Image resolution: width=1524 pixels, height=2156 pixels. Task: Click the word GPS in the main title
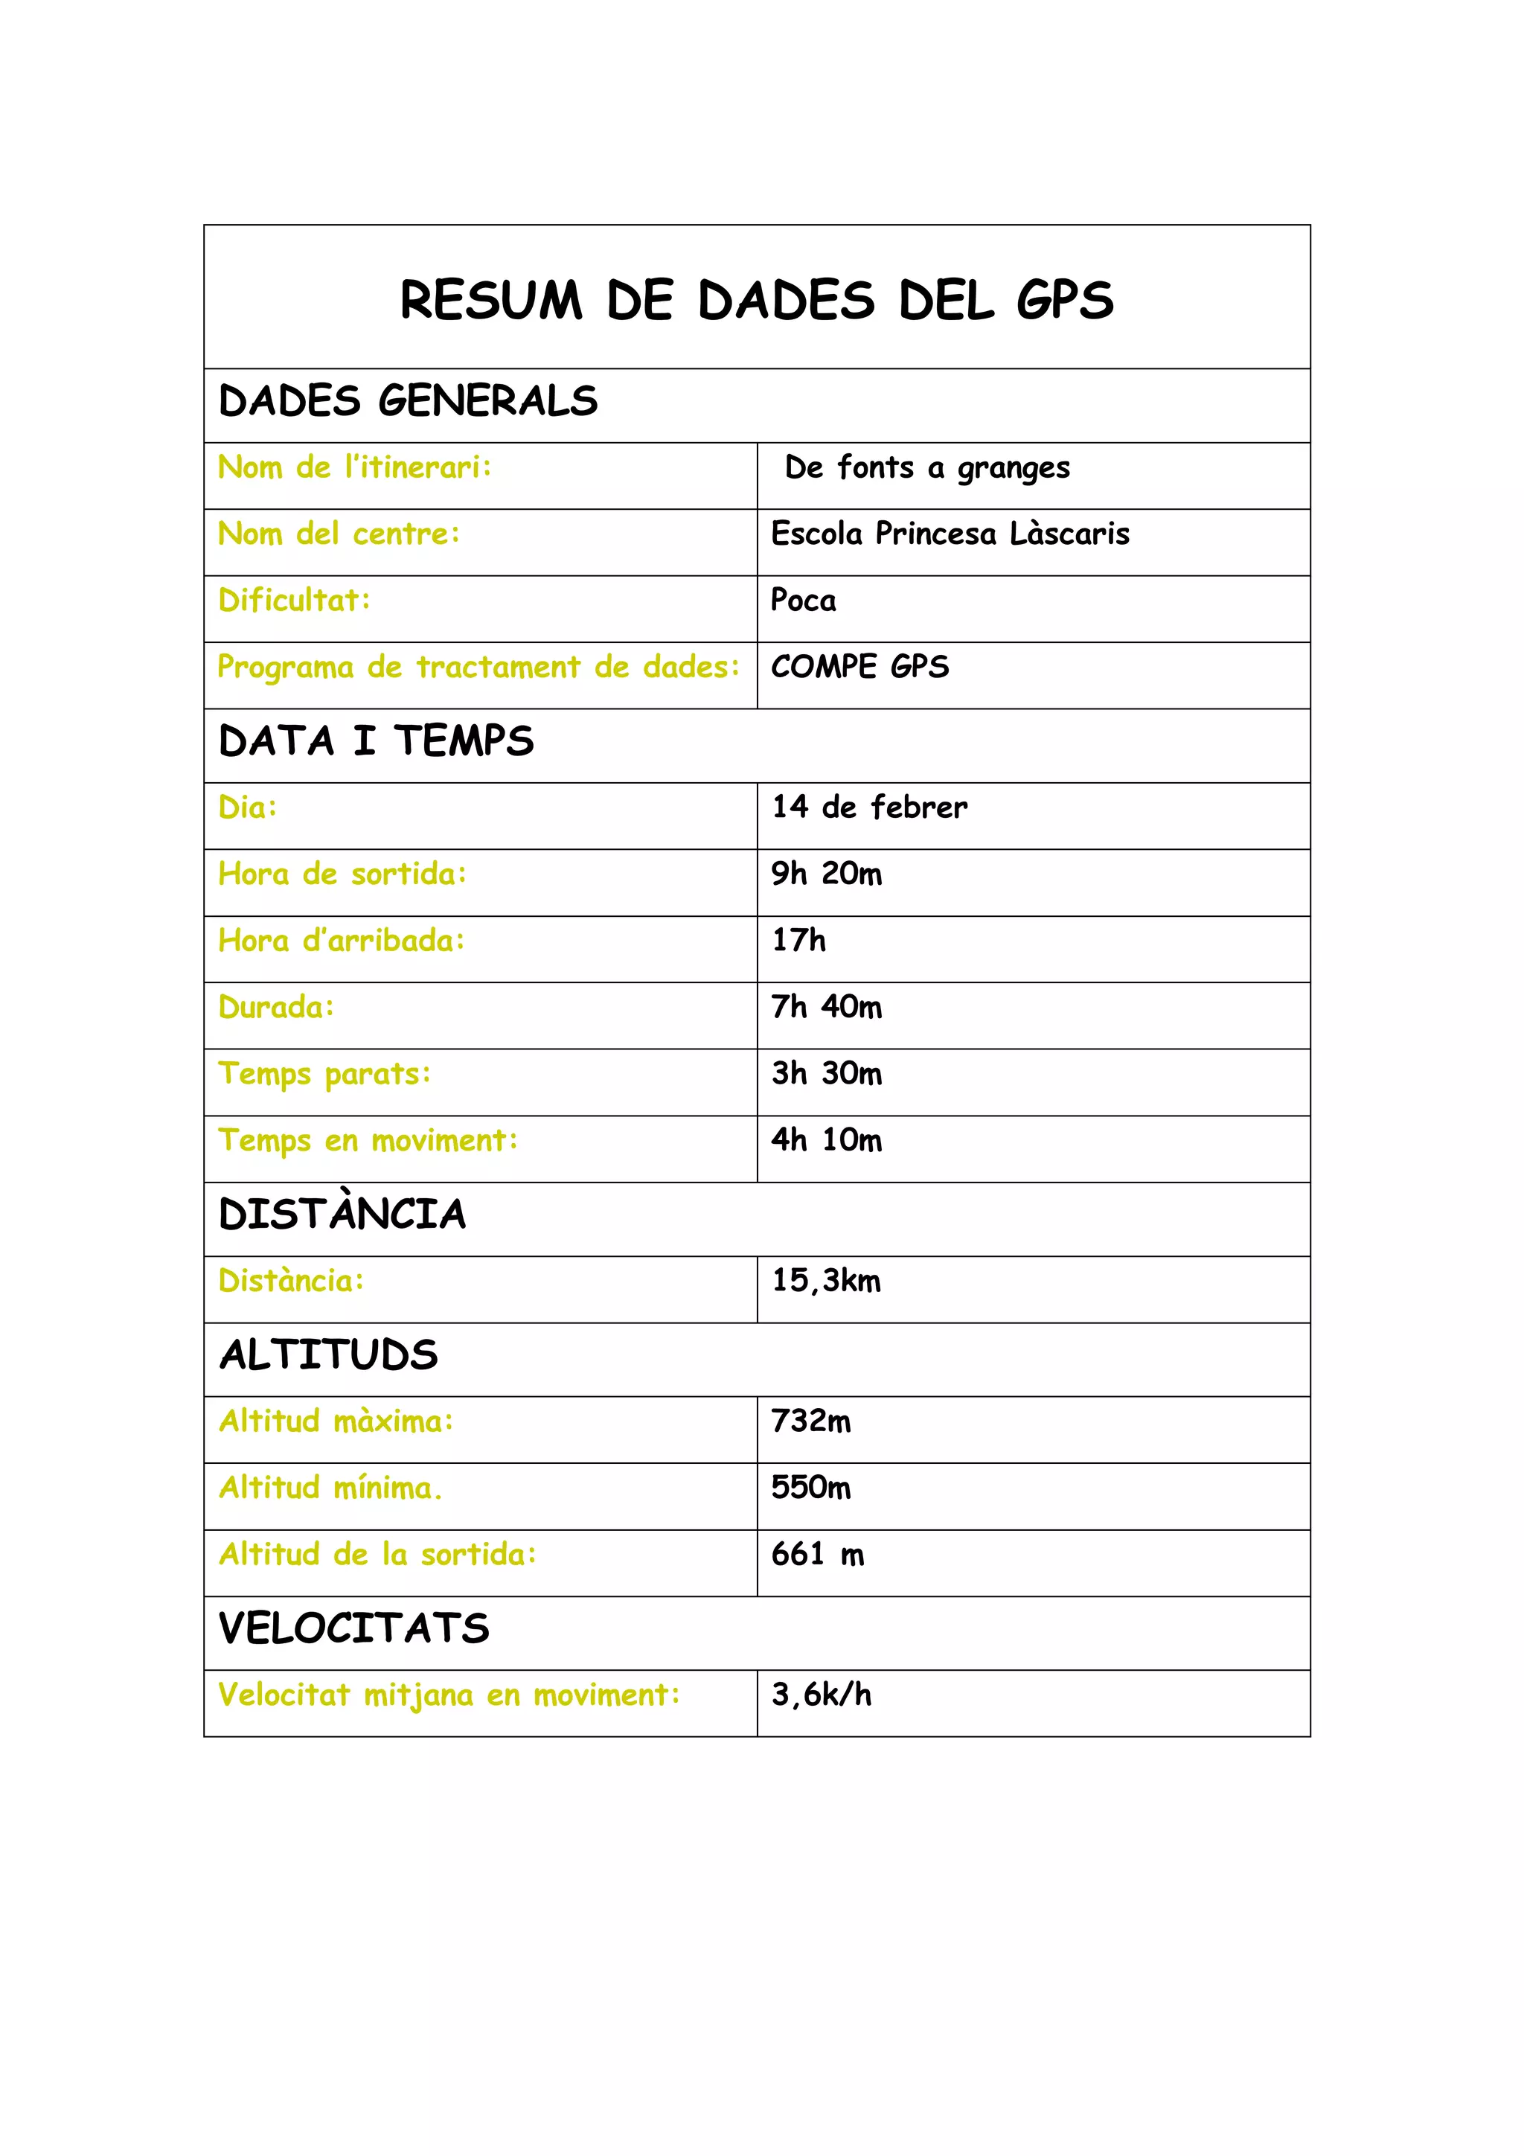click(1064, 301)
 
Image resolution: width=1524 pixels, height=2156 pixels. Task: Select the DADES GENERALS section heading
click(408, 401)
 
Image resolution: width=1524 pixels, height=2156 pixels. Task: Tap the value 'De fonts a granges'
click(926, 467)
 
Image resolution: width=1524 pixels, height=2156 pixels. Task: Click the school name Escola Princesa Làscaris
click(950, 534)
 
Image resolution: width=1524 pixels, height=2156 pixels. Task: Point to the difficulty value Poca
click(803, 600)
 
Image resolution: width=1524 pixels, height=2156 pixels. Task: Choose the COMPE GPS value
click(859, 667)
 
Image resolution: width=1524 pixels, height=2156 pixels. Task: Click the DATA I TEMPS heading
click(376, 741)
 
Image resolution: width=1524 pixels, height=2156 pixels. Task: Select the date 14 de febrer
click(868, 807)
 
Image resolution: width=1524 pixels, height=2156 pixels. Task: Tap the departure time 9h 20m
click(826, 873)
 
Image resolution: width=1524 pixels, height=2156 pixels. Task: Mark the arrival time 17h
click(798, 940)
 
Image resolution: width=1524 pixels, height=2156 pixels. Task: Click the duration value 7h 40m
click(826, 1007)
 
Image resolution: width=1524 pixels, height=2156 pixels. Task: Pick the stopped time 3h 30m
click(826, 1073)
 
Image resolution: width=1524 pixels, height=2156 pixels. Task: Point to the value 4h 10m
click(826, 1140)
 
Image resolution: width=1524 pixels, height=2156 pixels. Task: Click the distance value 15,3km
click(826, 1281)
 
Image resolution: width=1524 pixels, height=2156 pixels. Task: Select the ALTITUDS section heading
click(329, 1355)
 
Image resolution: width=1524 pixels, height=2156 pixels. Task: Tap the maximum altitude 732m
click(811, 1421)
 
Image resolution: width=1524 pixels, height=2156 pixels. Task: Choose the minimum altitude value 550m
click(811, 1488)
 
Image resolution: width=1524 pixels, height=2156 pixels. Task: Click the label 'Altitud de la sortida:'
click(377, 1554)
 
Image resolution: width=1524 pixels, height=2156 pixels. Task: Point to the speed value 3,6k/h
click(822, 1695)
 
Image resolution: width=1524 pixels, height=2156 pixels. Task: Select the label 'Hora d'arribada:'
click(342, 940)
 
